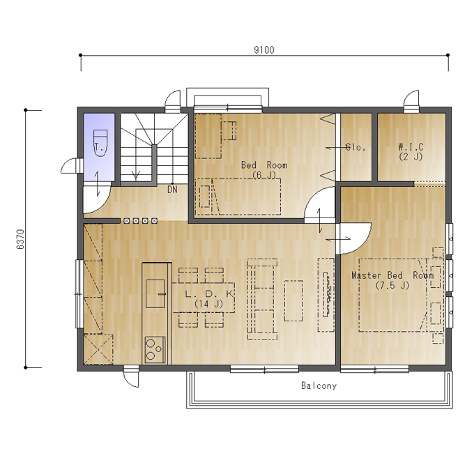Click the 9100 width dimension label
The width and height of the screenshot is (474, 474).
click(264, 50)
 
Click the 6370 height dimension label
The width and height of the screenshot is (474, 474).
click(20, 239)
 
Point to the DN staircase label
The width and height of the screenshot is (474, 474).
click(172, 190)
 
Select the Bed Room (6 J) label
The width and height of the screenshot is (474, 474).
click(264, 170)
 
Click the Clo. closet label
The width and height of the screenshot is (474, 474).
click(355, 147)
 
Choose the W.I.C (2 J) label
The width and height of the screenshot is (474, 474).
click(411, 152)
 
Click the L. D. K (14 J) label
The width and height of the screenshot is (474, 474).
click(209, 298)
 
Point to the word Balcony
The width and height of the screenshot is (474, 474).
click(319, 385)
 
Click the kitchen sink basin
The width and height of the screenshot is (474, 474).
click(155, 293)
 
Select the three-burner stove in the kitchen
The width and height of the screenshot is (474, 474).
click(155, 350)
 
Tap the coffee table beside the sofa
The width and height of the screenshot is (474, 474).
click(293, 301)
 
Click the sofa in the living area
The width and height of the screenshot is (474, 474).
click(262, 299)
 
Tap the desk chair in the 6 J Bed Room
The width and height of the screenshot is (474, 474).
click(229, 130)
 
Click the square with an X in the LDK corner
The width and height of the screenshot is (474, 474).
click(98, 349)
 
